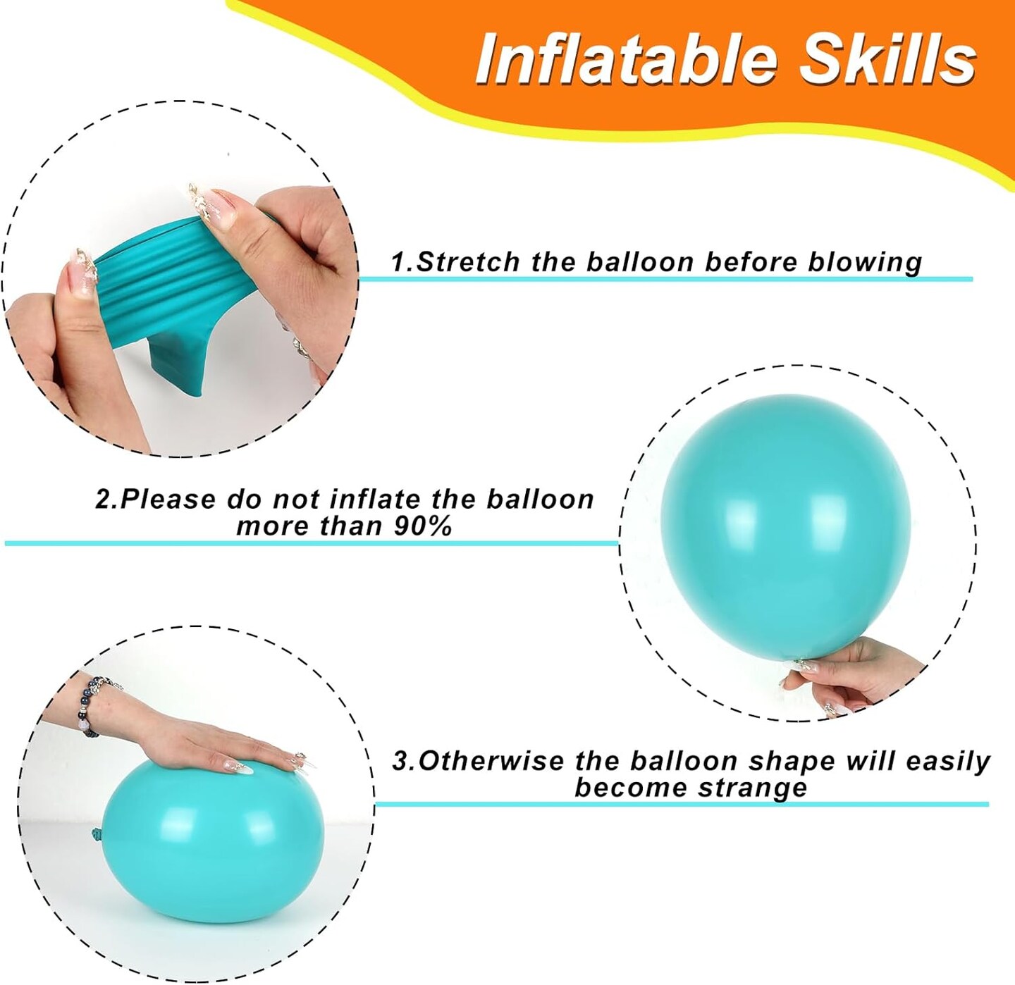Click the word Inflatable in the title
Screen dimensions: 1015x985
pos(627,58)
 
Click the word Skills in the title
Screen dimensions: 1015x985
pos(888,58)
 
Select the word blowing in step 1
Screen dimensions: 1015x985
pos(866,262)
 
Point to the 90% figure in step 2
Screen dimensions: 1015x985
pos(422,526)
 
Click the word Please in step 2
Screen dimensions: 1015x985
pos(168,499)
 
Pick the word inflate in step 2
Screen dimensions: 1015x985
pos(374,499)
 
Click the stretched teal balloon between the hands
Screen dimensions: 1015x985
pos(183,292)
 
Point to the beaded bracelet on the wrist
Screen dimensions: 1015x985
pos(97,704)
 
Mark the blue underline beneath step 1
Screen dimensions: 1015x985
pos(666,280)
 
